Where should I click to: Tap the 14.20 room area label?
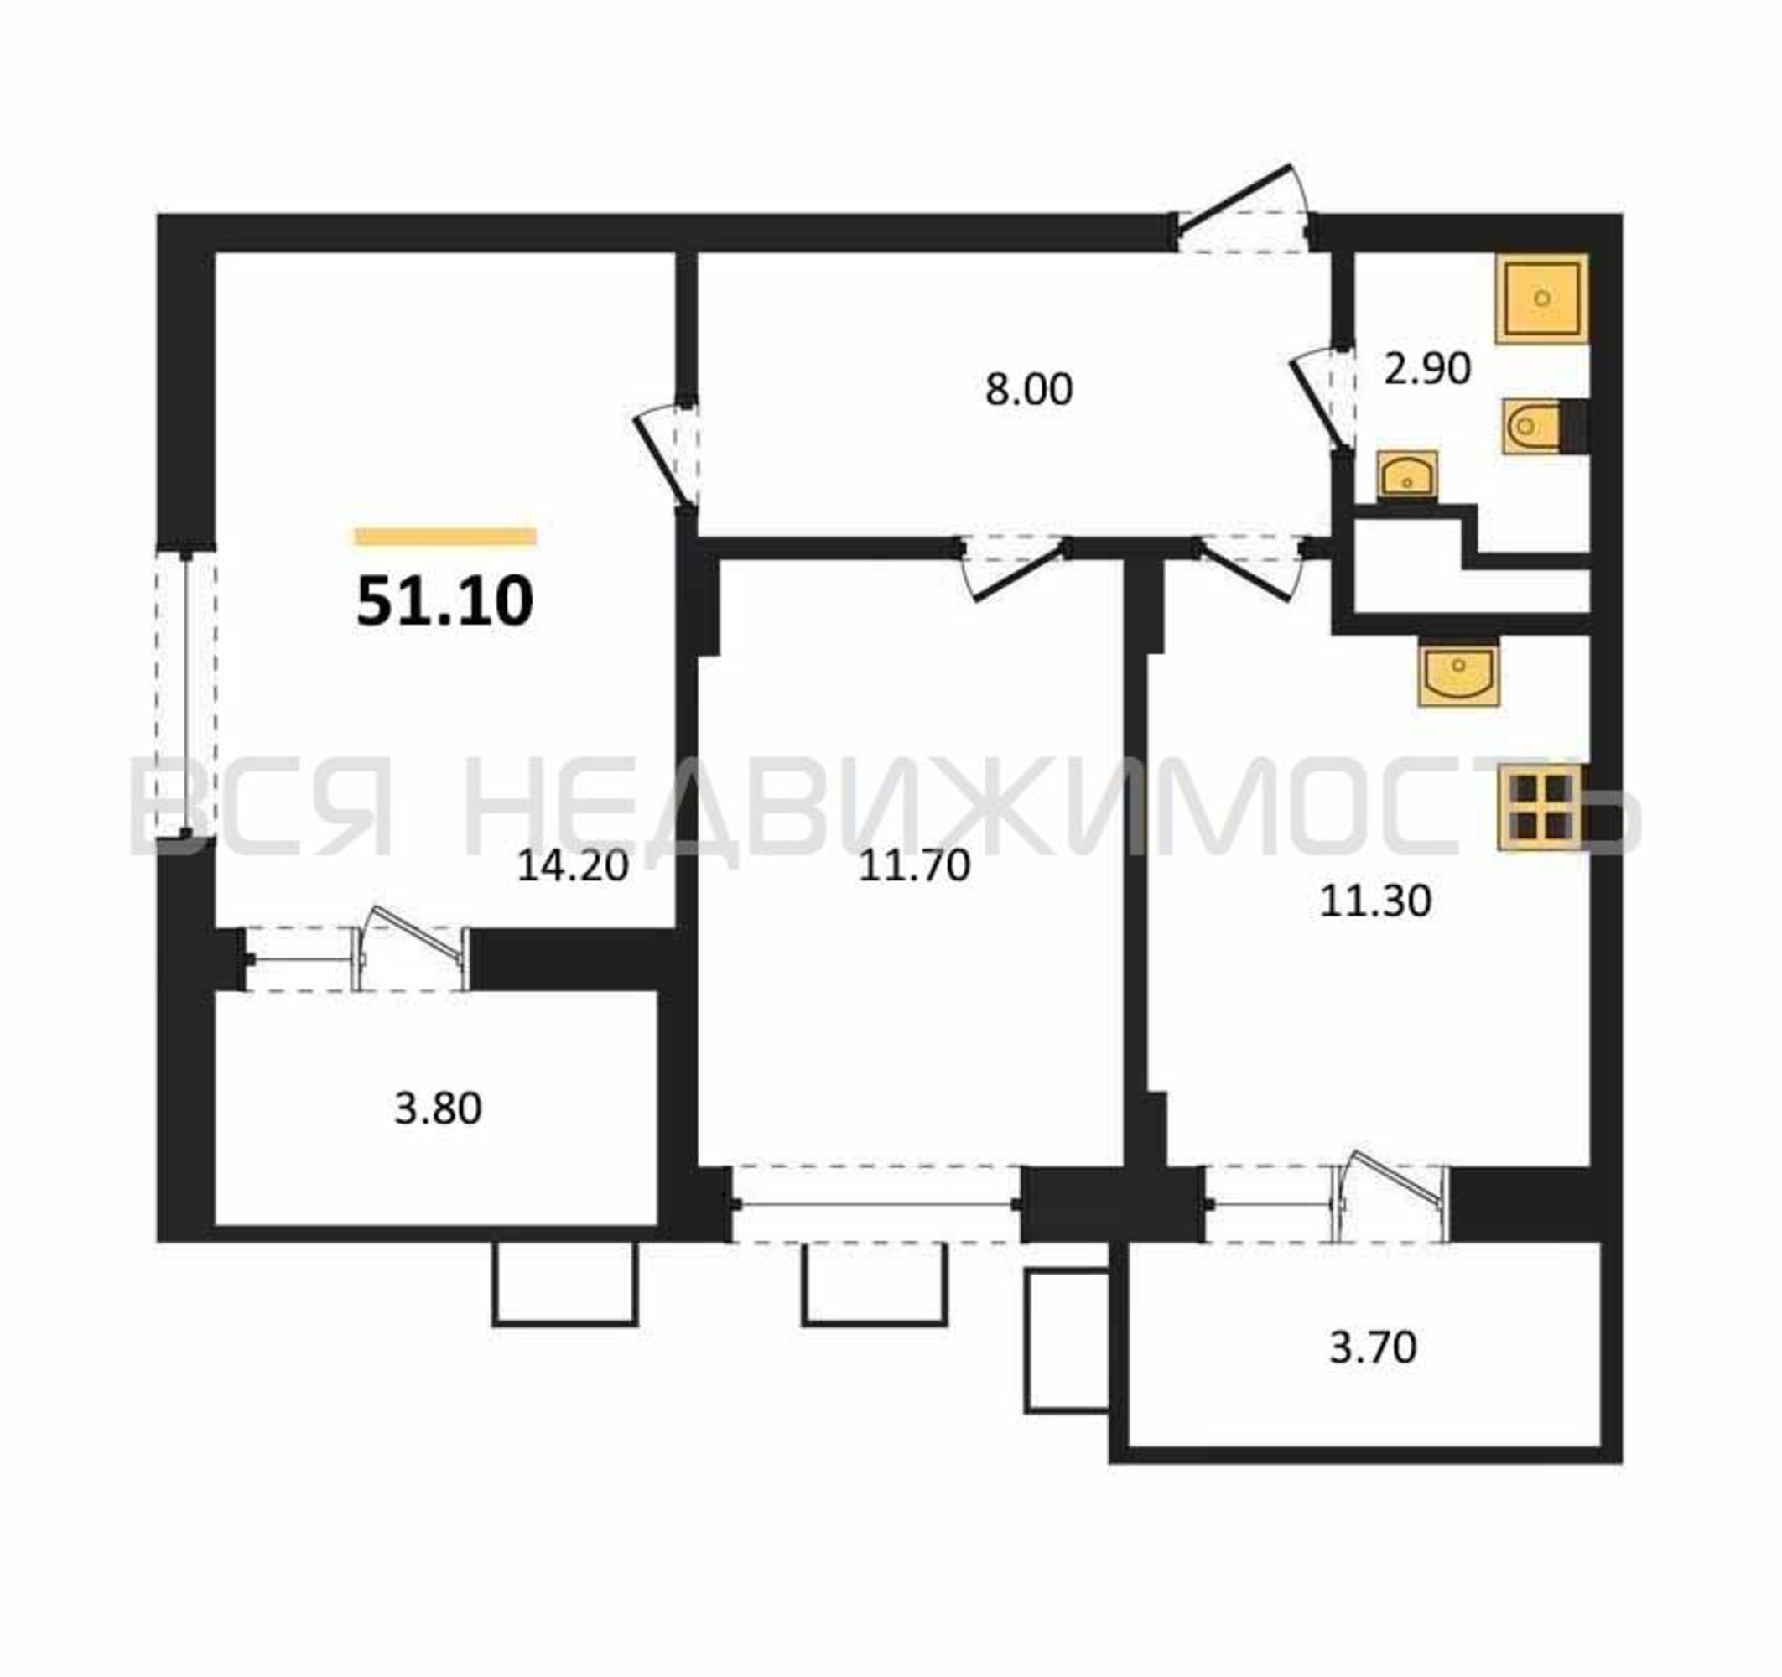coord(573,866)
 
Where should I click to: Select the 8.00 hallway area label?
coord(1028,390)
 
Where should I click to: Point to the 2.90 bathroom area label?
coord(1427,368)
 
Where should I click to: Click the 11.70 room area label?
coord(914,866)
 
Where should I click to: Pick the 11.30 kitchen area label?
coord(1375,901)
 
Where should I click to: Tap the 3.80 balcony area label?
coord(439,1108)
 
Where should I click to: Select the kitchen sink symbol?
coord(1458,672)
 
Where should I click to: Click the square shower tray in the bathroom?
coord(1542,299)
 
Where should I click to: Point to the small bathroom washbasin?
coord(1406,475)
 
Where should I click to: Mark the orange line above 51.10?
coord(445,537)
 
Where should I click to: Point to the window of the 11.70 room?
coord(876,1205)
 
